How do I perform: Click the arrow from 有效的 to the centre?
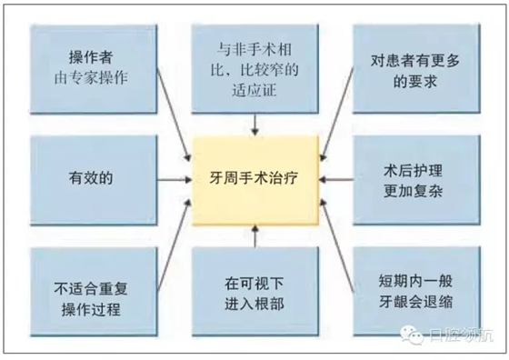(169, 175)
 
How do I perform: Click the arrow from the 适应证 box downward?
(255, 122)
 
